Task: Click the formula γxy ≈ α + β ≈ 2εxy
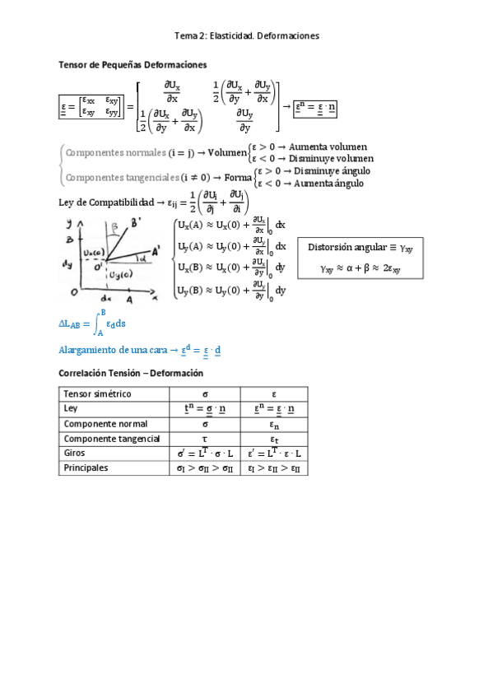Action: [x=356, y=268]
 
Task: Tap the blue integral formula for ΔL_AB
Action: [x=93, y=323]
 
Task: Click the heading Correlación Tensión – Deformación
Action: [x=131, y=373]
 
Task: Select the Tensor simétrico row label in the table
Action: [x=97, y=393]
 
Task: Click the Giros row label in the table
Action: [x=74, y=453]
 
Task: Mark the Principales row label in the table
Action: [x=85, y=468]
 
